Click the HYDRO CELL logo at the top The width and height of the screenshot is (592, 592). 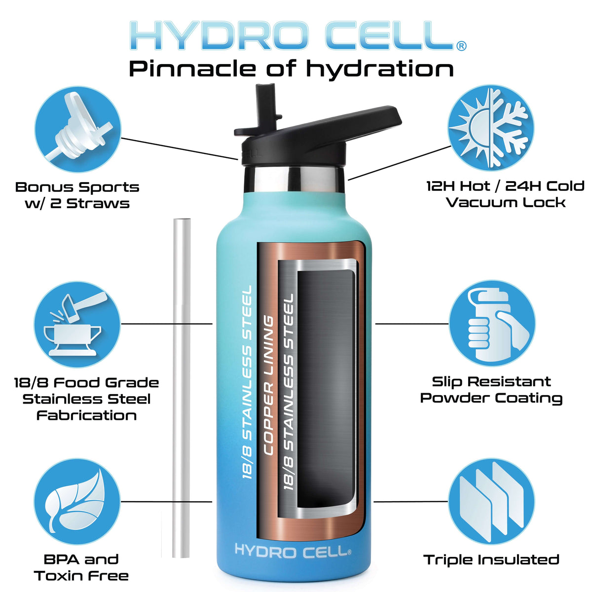[x=297, y=36]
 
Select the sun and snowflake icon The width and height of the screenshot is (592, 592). [x=490, y=128]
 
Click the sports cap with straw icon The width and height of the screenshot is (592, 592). [x=78, y=129]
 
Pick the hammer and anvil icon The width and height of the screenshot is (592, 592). [x=77, y=325]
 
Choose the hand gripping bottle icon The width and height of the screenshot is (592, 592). [x=492, y=323]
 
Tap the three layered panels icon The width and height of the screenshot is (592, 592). [x=491, y=501]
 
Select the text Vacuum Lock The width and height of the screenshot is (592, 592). [x=505, y=203]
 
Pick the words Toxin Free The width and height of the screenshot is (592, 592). [x=81, y=576]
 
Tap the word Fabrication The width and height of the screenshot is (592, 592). [x=86, y=416]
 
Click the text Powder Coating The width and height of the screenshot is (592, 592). [x=491, y=399]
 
